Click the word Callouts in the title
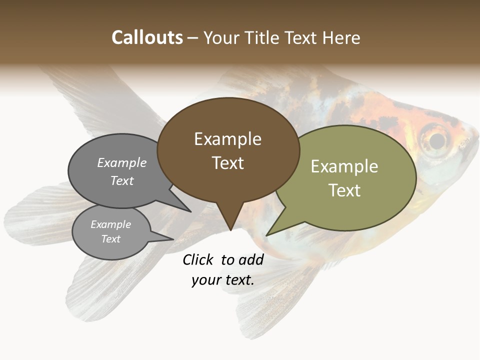click(x=147, y=37)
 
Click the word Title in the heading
click(x=263, y=38)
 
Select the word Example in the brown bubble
click(x=227, y=139)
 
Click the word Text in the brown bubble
click(x=228, y=162)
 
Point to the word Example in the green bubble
click(x=344, y=166)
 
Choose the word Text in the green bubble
click(x=344, y=190)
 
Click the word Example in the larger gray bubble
click(x=122, y=163)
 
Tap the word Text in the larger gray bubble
click(x=122, y=181)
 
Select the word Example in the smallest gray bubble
click(x=110, y=224)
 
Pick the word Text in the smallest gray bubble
click(x=110, y=239)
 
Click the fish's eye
click(x=437, y=140)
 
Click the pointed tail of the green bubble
click(x=267, y=234)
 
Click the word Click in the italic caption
click(x=198, y=259)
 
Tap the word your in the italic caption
click(x=205, y=280)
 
